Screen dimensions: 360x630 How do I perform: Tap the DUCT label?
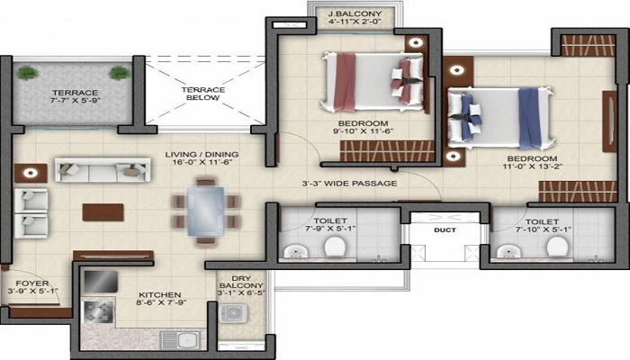click(445, 230)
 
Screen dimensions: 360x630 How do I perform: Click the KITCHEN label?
click(159, 294)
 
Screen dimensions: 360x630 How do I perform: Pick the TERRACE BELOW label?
click(202, 95)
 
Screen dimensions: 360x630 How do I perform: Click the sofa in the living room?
click(90, 169)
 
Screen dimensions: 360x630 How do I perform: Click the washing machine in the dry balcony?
click(235, 314)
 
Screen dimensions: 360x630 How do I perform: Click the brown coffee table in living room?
click(103, 211)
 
